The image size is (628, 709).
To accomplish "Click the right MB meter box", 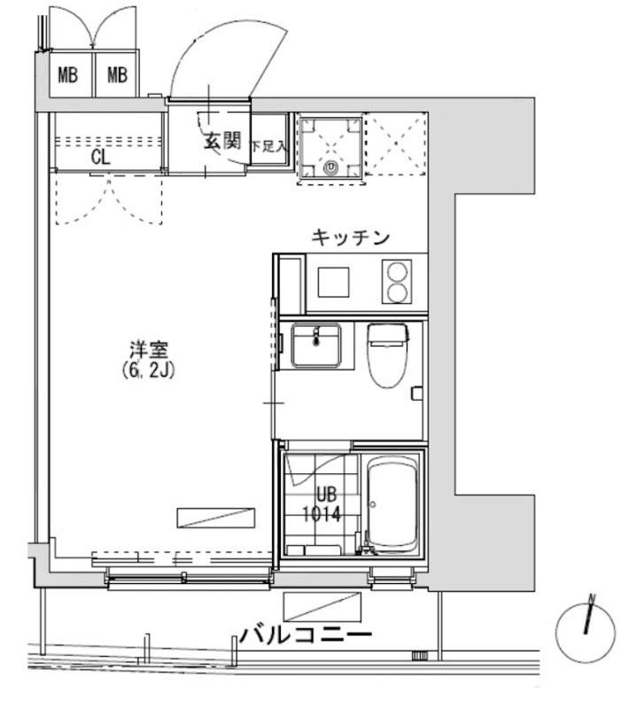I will [117, 74].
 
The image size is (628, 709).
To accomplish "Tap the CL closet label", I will [100, 159].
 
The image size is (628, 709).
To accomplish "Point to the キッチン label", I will [351, 237].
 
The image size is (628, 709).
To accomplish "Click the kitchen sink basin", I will [335, 283].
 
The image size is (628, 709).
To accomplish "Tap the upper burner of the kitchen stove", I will [399, 270].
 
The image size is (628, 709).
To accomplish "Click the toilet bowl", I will [386, 357].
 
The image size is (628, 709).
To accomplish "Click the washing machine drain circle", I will [331, 165].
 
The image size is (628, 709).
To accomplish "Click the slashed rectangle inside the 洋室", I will [214, 518].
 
